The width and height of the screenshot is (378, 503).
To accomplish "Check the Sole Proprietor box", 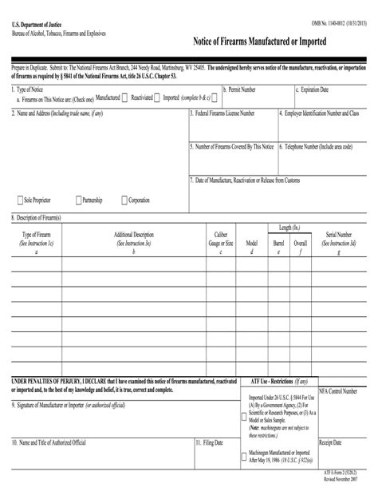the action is pos(20,200).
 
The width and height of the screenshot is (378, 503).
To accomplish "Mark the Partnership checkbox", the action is pos(78,200).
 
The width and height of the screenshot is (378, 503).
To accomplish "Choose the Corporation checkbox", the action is pos(124,200).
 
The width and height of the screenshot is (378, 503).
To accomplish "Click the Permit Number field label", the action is pos(241,90).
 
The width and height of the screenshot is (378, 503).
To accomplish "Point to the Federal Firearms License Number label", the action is pos(234,113).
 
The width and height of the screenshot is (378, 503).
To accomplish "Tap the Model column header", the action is pos(251,243).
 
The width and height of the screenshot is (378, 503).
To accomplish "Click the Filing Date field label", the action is pos(211,442).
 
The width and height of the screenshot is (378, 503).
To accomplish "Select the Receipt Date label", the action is pos(331,442).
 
